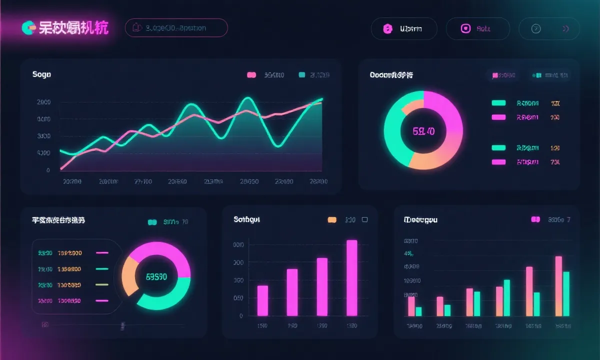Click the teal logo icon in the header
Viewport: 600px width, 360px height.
28,28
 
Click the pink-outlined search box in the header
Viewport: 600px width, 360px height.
176,28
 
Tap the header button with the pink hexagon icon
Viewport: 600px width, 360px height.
404,29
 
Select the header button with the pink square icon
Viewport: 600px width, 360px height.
477,29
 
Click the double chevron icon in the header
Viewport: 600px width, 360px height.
566,29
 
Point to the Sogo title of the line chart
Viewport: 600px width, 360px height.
41,74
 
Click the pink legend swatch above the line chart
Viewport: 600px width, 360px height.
251,75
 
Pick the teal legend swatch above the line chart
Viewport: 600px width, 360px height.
302,75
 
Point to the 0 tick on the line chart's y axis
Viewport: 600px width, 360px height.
48,170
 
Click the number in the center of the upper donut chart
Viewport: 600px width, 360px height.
423,131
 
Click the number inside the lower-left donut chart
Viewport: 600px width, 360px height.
156,276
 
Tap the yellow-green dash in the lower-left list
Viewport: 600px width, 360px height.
102,284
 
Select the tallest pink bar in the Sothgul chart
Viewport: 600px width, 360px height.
352,277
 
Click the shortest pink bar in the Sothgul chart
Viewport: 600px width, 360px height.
262,300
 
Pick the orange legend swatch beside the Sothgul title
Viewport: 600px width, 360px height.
331,219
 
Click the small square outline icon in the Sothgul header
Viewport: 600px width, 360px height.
364,219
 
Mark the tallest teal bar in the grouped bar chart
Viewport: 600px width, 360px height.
566,294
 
